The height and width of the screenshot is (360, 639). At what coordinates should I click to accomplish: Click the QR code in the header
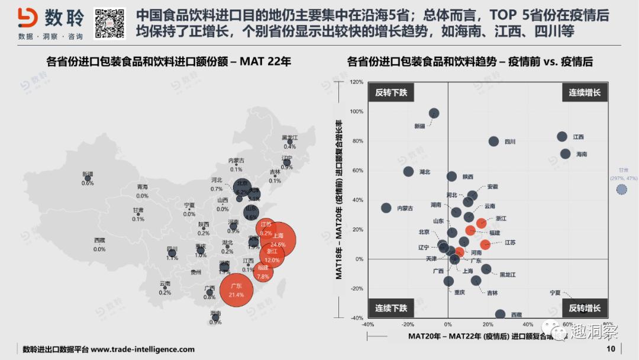[110, 23]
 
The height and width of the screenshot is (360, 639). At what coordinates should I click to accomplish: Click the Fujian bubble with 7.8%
[263, 272]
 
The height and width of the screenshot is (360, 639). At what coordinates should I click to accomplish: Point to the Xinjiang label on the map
[88, 174]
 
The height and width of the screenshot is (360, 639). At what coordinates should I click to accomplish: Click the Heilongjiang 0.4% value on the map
[289, 146]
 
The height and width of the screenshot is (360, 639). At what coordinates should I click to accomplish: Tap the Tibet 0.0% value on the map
[99, 249]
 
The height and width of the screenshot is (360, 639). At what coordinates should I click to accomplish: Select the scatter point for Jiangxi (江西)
[562, 137]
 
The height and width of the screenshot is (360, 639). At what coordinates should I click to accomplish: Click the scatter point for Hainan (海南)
[565, 154]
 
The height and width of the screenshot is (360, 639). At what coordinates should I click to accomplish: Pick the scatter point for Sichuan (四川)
[493, 141]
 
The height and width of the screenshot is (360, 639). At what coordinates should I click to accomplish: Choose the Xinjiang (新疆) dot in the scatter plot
[434, 113]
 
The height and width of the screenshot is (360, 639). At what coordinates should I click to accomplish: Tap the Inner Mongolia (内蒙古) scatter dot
[386, 208]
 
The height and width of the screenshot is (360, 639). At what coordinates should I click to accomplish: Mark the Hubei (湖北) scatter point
[408, 172]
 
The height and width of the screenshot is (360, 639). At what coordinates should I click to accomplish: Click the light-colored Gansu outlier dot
[621, 189]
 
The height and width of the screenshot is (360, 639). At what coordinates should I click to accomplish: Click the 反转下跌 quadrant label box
[391, 92]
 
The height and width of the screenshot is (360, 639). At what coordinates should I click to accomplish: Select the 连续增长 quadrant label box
[585, 92]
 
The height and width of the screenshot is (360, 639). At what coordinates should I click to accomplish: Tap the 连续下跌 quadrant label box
[391, 308]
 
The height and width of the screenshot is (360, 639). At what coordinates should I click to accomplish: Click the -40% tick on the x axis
[367, 324]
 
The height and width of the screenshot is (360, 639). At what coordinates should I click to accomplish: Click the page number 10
[611, 349]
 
